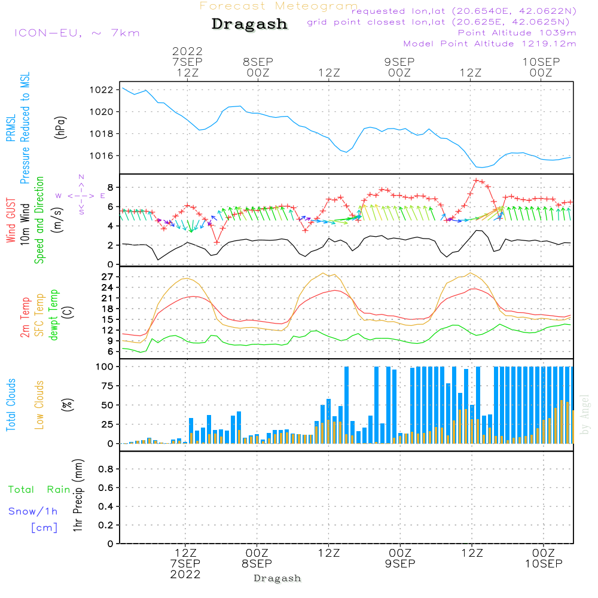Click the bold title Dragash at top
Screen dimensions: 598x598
[x=249, y=25]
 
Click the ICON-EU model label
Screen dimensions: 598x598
[x=77, y=33]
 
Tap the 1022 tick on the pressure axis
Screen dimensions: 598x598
[x=103, y=90]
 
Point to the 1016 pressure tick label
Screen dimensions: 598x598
[x=103, y=155]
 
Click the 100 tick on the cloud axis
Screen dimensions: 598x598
[x=105, y=366]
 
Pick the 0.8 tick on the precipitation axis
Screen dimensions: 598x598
[x=106, y=469]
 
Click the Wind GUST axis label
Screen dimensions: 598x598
[x=11, y=222]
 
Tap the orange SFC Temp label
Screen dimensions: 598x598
[x=40, y=315]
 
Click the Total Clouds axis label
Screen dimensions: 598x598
[x=11, y=405]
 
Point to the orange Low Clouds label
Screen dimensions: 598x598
[x=40, y=405]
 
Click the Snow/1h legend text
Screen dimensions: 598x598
[x=33, y=511]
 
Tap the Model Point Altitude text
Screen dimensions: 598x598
[x=490, y=44]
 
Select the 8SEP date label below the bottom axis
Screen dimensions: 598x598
[x=257, y=563]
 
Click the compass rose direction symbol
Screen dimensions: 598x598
[x=81, y=196]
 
